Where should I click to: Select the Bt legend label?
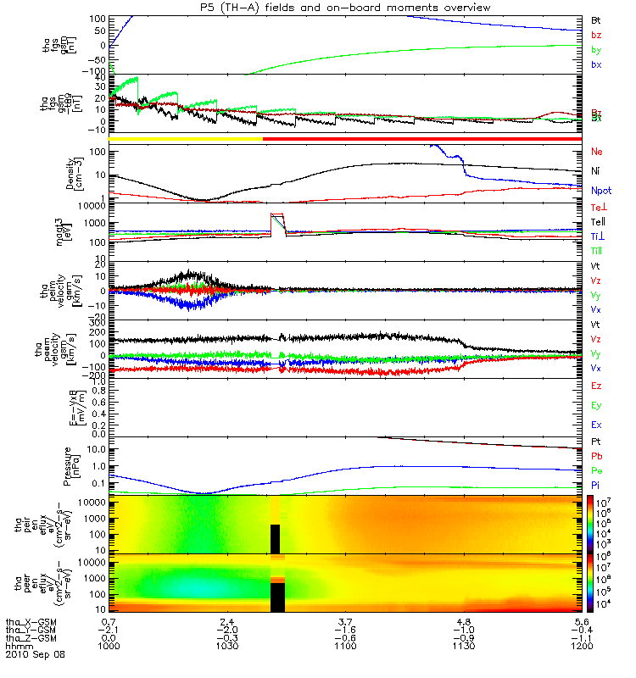pyautogui.click(x=595, y=19)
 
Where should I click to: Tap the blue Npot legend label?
pyautogui.click(x=600, y=191)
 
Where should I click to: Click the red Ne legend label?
pyautogui.click(x=596, y=151)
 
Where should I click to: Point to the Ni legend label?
pyautogui.click(x=595, y=170)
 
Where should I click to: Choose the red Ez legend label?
pyautogui.click(x=596, y=386)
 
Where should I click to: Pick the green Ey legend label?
pyautogui.click(x=596, y=405)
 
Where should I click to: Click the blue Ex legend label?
pyautogui.click(x=596, y=425)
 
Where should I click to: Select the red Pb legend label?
pyautogui.click(x=596, y=457)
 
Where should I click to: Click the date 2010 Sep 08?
pyautogui.click(x=34, y=654)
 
